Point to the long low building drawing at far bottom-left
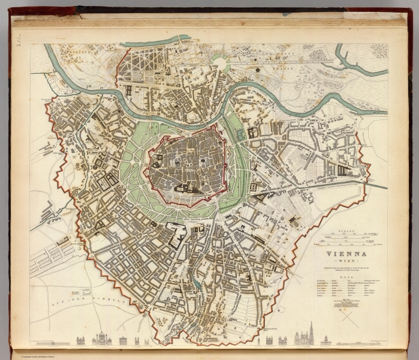45,342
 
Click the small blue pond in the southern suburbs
196,285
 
